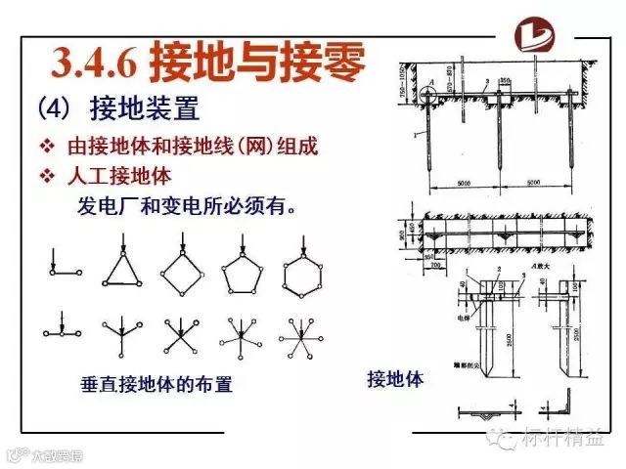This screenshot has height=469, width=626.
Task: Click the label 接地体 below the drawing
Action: coord(395,378)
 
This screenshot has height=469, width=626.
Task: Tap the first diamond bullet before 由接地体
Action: coord(46,148)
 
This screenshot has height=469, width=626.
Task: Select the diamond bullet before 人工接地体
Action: coord(46,177)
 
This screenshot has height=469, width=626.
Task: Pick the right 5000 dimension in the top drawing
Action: coord(532,183)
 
